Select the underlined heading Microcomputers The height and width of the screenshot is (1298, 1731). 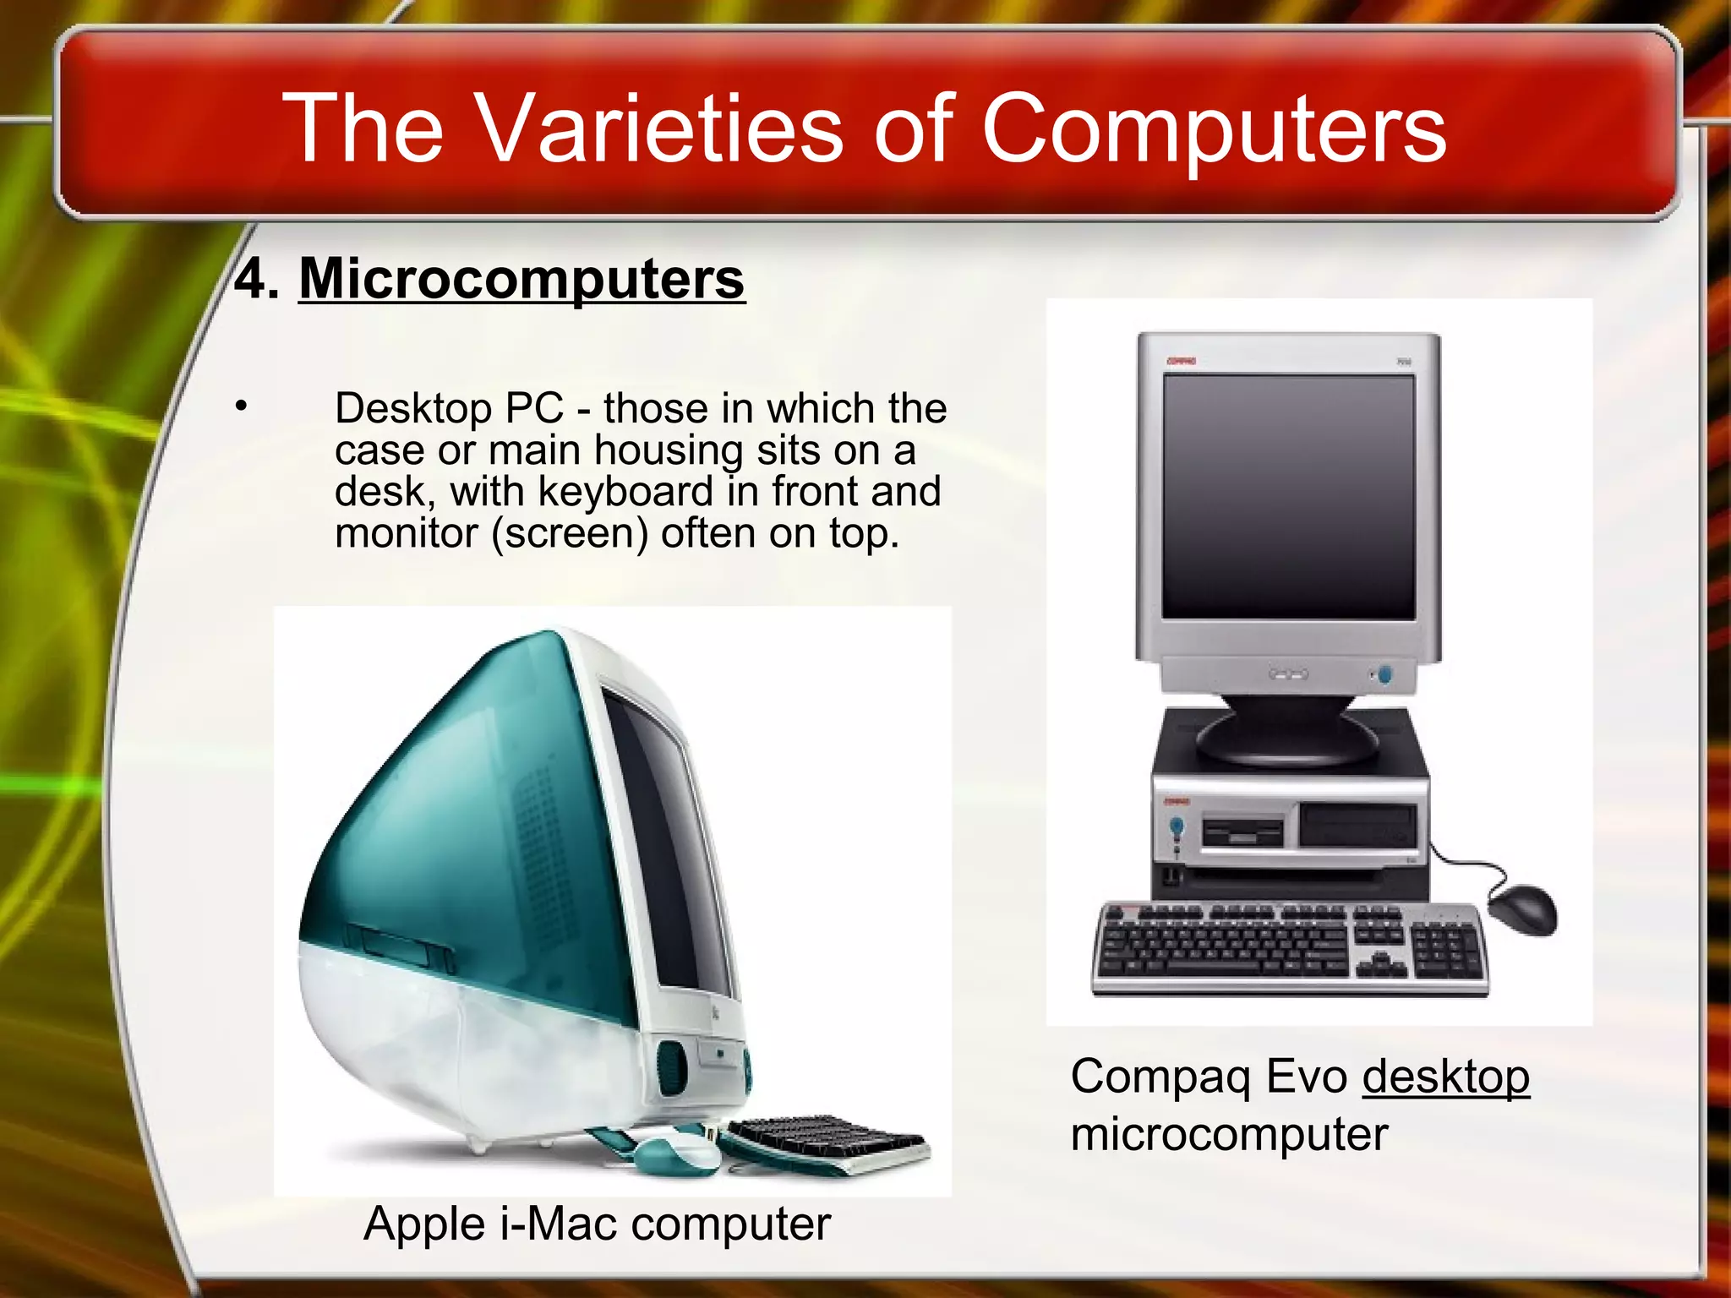521,279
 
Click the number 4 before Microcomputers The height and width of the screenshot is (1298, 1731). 252,279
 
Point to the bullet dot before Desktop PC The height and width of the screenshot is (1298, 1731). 242,406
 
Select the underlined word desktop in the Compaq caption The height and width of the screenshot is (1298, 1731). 1445,1077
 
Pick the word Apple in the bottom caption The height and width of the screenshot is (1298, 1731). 423,1224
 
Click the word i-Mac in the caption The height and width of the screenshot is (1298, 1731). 558,1224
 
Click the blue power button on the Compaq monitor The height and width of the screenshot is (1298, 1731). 1384,674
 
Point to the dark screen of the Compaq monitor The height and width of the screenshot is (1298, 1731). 1288,497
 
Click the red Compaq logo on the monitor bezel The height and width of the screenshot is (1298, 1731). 1181,361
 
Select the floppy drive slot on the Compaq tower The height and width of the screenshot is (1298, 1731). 1242,832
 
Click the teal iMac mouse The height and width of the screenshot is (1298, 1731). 672,1153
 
